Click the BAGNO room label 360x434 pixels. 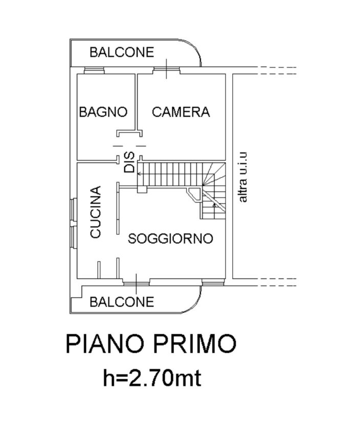103,112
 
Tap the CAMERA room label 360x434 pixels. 181,112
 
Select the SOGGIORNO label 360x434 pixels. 171,238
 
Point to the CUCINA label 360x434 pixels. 96,212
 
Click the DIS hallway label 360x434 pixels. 129,162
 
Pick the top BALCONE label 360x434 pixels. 122,52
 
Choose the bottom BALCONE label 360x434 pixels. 122,301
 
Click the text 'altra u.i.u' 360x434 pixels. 243,177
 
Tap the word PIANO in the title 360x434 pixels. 105,344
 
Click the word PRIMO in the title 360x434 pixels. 195,344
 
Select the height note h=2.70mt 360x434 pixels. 152,378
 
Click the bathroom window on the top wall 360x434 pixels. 94,70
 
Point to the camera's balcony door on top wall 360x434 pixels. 167,70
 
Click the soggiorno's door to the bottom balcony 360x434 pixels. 137,283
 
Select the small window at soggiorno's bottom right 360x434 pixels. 213,283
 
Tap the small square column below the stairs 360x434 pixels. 142,189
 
